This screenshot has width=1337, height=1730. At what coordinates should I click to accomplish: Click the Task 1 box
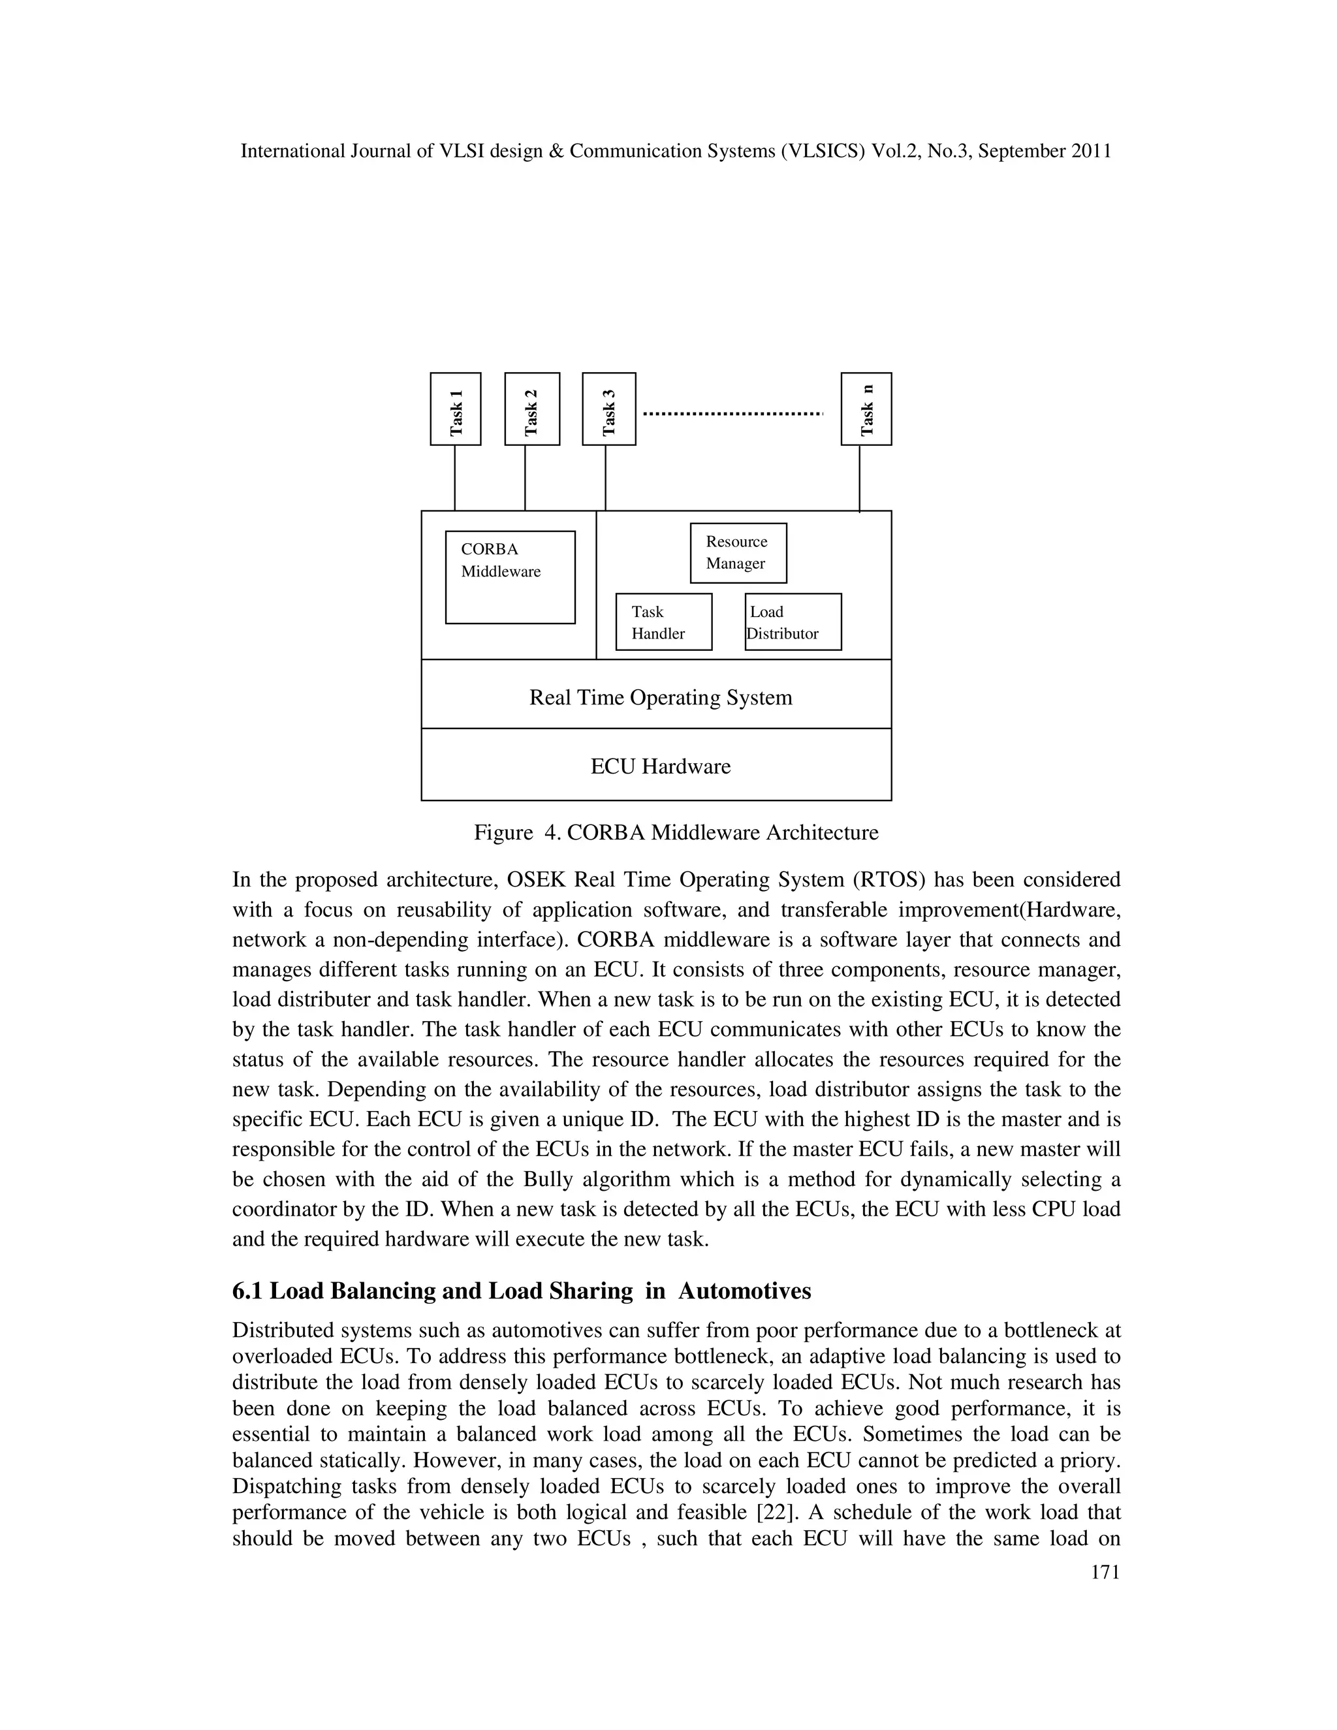(x=456, y=409)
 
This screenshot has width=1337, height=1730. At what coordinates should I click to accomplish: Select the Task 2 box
(x=532, y=409)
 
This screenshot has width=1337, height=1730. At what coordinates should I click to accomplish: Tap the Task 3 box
(x=608, y=409)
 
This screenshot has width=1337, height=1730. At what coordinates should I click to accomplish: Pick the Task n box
(x=866, y=409)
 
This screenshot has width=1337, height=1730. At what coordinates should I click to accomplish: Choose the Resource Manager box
(x=738, y=553)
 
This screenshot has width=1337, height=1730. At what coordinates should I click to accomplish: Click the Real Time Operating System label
(x=661, y=698)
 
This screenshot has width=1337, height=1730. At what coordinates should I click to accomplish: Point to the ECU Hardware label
(x=661, y=767)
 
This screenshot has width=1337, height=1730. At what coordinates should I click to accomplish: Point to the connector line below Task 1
(x=454, y=478)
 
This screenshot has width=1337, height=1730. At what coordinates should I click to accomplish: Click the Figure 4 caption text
(x=676, y=833)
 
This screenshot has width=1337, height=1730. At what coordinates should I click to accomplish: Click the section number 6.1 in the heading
(x=248, y=1292)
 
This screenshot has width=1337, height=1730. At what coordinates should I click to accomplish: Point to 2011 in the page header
(x=1091, y=151)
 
